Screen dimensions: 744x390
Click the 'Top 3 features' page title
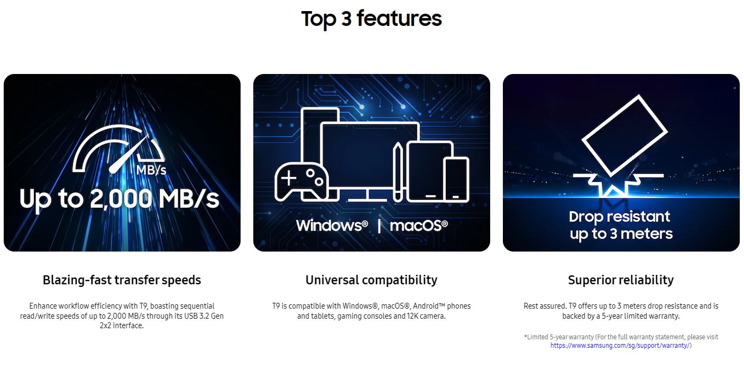[371, 19]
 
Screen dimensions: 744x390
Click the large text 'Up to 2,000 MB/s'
[119, 199]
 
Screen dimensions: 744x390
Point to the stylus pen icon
[398, 172]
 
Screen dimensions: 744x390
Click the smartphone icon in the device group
[456, 180]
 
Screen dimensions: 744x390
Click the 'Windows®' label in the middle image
[332, 226]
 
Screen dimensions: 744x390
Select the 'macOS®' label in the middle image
[418, 226]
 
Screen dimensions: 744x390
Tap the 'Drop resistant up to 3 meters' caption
[621, 225]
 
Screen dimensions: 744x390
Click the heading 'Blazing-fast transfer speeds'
[122, 280]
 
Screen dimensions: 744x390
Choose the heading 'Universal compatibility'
[371, 280]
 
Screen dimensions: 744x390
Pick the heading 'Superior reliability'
[621, 280]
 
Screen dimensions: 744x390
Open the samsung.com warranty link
[620, 346]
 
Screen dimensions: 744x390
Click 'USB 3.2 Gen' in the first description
[204, 315]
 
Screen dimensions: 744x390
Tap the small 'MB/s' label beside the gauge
[151, 170]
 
